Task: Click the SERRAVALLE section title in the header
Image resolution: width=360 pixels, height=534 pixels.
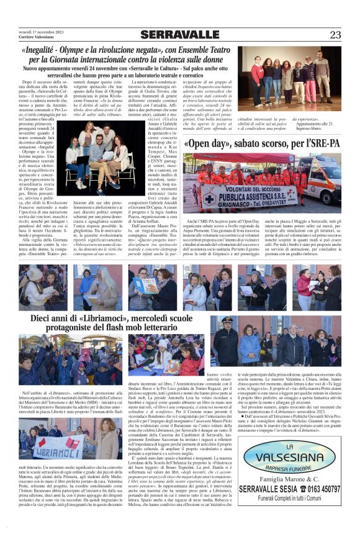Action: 180,34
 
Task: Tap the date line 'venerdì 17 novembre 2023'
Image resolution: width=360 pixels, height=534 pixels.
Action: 39,31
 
